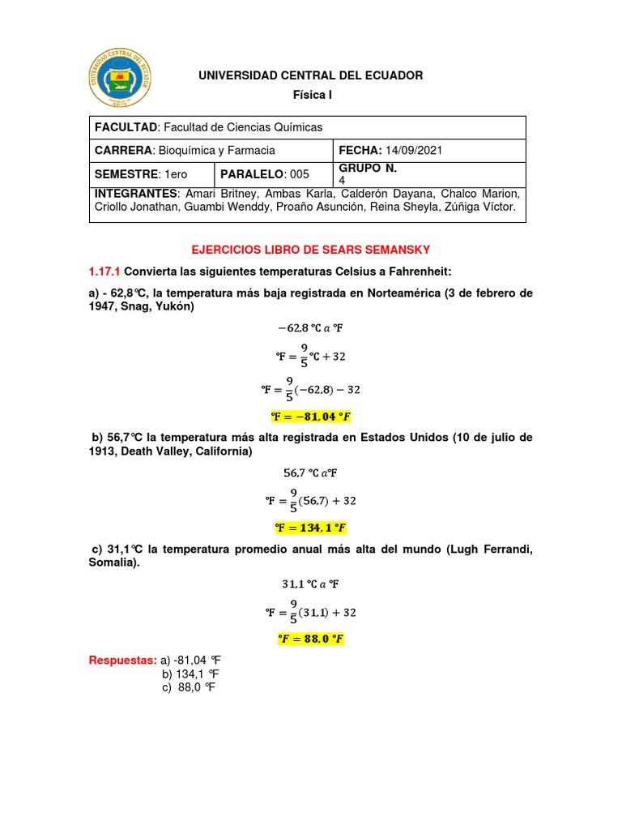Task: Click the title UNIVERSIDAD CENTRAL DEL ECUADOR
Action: pyautogui.click(x=311, y=75)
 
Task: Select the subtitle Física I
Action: pyautogui.click(x=312, y=96)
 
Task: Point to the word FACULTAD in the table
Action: pyautogui.click(x=126, y=127)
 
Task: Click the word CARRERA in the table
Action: pyautogui.click(x=124, y=151)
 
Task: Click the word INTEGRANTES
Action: pyautogui.click(x=136, y=195)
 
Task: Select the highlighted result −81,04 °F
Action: pyautogui.click(x=311, y=417)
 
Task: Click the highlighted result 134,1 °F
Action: pyautogui.click(x=311, y=528)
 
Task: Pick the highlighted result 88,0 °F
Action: pyautogui.click(x=311, y=639)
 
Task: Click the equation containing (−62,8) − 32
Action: pyautogui.click(x=311, y=390)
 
